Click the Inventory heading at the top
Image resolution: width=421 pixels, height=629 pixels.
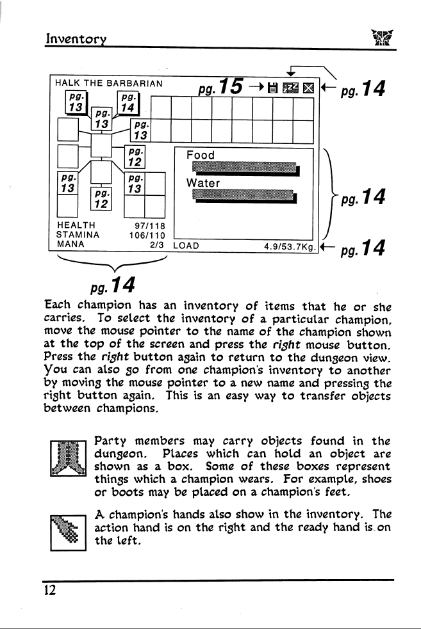(76, 38)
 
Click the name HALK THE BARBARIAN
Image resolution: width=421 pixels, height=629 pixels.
(109, 83)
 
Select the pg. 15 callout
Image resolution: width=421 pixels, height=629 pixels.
(220, 86)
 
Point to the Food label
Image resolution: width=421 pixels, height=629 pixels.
(201, 155)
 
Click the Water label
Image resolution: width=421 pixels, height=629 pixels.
(203, 183)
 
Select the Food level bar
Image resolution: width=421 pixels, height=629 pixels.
(246, 169)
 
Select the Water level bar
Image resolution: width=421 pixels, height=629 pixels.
(244, 196)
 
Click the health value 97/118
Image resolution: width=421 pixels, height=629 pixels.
(150, 226)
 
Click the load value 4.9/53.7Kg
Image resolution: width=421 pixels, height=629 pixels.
(290, 246)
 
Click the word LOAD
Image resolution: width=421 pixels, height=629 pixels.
(186, 246)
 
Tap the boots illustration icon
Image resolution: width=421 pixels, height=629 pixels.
(69, 458)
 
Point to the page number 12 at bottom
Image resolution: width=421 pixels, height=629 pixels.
(50, 590)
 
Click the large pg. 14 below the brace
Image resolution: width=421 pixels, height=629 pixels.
(113, 285)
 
